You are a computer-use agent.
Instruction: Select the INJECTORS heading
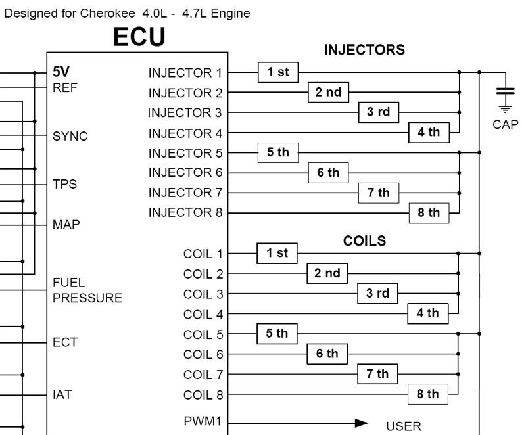tap(364, 51)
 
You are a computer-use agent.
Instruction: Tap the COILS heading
tap(364, 241)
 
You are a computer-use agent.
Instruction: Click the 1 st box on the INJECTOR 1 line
tap(278, 72)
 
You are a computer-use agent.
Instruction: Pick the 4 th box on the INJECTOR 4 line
tap(429, 132)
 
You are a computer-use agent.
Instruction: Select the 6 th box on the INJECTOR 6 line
tap(328, 173)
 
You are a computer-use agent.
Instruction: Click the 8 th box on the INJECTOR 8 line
tap(429, 212)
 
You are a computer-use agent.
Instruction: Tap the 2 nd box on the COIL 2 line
tap(328, 273)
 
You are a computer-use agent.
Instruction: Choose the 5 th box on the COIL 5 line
tap(277, 334)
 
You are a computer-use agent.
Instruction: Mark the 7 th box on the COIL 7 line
tap(378, 374)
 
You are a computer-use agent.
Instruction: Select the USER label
tap(403, 427)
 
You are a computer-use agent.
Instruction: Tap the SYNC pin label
tap(70, 137)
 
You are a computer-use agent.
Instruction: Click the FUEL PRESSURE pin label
tap(87, 290)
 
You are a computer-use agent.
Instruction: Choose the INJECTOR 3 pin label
tap(185, 113)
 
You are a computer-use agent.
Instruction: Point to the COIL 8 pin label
tap(203, 395)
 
